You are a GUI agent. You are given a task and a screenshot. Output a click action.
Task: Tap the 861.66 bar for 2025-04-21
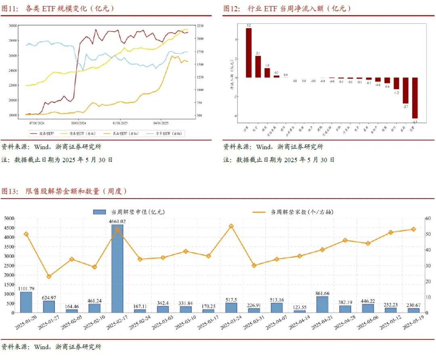pos(322,304)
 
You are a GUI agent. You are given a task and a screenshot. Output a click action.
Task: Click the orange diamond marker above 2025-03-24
pos(231,226)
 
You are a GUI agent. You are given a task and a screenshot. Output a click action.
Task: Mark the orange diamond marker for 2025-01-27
pos(49,276)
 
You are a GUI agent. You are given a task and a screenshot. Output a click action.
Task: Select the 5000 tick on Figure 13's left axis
pos(9,218)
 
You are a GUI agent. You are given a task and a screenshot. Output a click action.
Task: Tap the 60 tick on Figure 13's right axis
pos(430,218)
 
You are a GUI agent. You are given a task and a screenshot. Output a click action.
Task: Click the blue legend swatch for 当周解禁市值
pos(99,211)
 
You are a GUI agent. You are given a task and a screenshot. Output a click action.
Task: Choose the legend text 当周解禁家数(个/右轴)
pos(302,211)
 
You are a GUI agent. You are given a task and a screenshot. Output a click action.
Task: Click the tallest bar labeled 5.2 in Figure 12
pos(249,52)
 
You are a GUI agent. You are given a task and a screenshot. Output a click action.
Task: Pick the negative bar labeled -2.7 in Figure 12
pos(405,90)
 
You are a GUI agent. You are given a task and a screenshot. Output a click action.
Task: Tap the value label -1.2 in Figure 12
pos(396,92)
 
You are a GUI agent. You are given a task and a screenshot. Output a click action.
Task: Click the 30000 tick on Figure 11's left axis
pos(13,25)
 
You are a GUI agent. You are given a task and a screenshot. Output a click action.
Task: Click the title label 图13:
pos(10,191)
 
